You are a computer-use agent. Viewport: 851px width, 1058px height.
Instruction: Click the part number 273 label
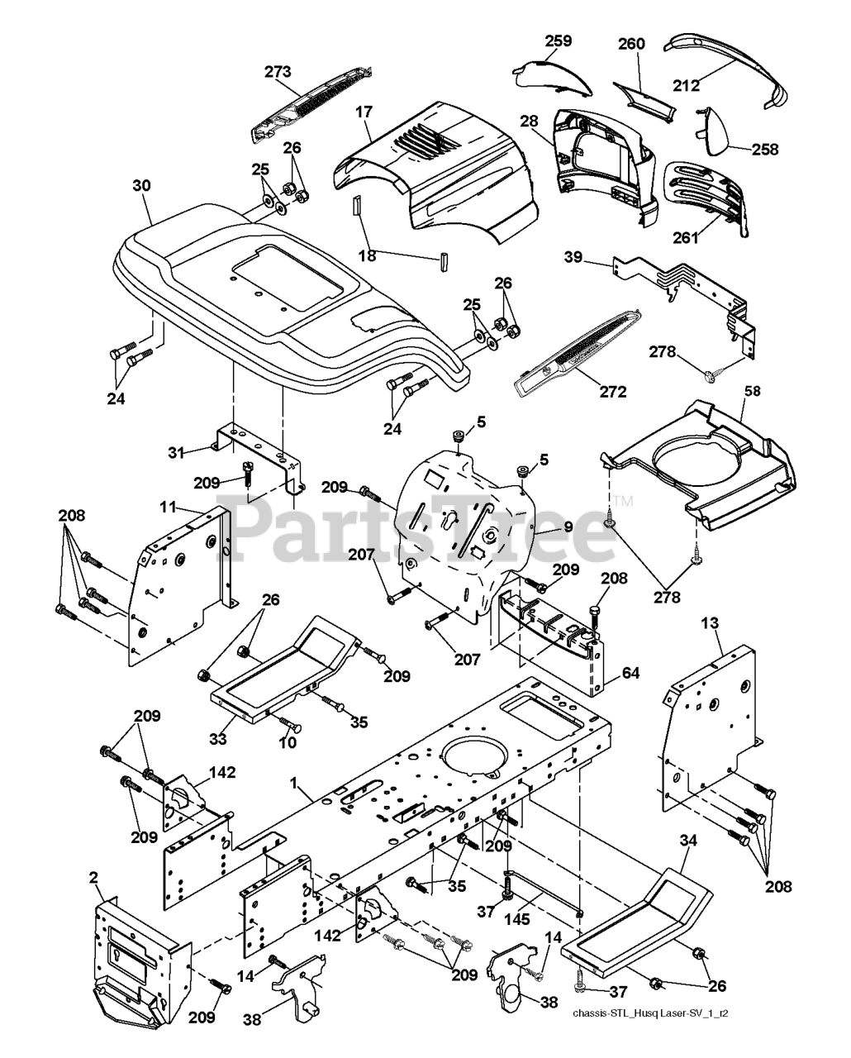278,72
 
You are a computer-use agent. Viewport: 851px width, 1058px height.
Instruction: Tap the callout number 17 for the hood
364,112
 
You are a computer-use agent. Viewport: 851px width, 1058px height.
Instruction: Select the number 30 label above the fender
141,186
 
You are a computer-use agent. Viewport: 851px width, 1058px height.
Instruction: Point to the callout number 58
753,391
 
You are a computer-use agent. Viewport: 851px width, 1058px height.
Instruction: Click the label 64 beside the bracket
630,673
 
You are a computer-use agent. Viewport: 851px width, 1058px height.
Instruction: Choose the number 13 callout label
710,623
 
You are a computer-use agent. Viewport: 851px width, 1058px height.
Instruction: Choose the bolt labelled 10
291,724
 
